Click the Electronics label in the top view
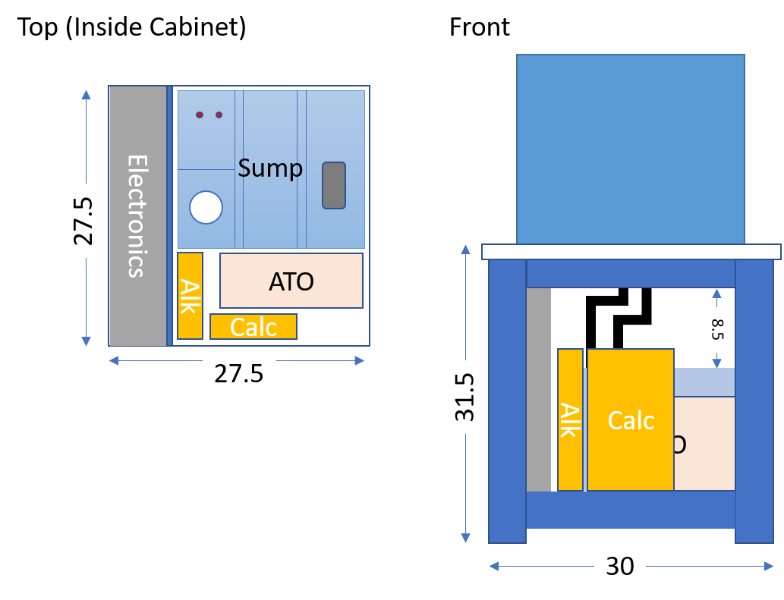point(137,216)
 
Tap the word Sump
point(270,168)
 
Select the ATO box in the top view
point(291,280)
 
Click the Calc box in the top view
point(253,327)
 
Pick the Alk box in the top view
point(190,296)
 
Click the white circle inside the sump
point(206,207)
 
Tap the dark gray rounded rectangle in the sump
point(334,185)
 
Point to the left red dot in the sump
point(200,115)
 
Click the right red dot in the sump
point(219,115)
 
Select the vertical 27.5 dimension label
point(83,221)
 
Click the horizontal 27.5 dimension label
point(239,374)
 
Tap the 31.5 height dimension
point(464,397)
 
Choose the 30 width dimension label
point(620,567)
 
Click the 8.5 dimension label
point(717,329)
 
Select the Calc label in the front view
point(631,420)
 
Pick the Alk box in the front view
point(571,419)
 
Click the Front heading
point(480,27)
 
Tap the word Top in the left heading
point(37,27)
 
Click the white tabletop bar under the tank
point(631,252)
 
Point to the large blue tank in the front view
point(631,149)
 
